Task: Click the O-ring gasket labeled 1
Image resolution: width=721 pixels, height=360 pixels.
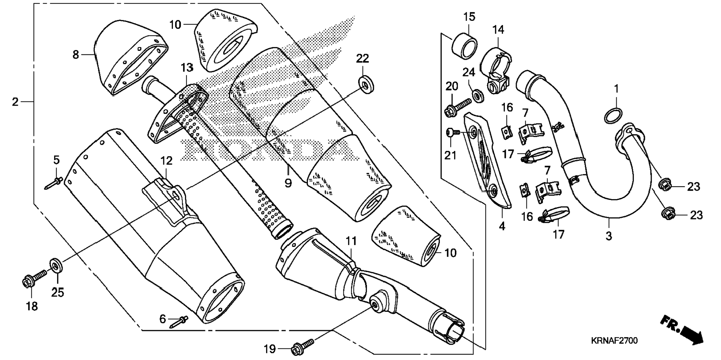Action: tap(613, 116)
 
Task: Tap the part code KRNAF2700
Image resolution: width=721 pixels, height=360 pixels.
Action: tap(614, 341)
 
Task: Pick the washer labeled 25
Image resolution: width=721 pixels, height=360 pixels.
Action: tap(56, 266)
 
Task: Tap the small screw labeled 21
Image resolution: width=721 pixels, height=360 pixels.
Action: tap(452, 132)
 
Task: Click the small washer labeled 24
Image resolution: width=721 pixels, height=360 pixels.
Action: tap(478, 96)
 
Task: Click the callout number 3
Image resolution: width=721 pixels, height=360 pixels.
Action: tap(608, 236)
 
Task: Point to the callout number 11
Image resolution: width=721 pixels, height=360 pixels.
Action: tap(351, 241)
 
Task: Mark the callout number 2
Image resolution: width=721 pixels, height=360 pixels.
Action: tap(15, 101)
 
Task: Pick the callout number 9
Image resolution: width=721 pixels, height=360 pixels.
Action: tap(288, 183)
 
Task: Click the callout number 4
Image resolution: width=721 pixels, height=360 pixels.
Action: tap(502, 226)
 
